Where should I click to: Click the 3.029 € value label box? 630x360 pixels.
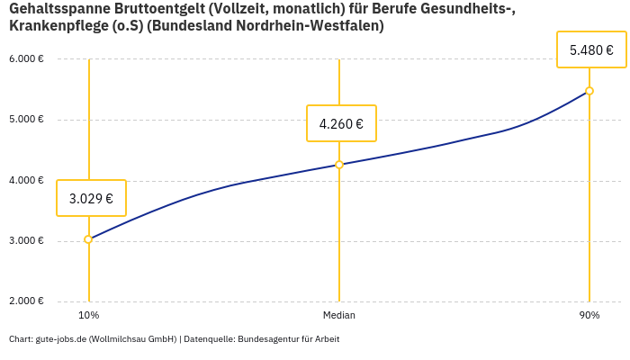click(x=91, y=198)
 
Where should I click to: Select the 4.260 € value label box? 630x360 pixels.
click(x=341, y=123)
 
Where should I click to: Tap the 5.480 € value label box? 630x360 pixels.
click(x=591, y=49)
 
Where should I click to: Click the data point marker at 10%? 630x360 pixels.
click(x=88, y=239)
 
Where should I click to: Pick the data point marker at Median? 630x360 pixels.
click(x=339, y=165)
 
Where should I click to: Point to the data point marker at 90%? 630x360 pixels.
click(x=589, y=91)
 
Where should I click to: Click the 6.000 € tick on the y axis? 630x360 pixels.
click(x=26, y=59)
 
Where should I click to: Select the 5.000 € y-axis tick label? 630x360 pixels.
click(x=26, y=120)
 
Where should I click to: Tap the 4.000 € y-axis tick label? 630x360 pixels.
click(x=26, y=180)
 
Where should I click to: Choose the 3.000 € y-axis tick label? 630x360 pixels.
click(x=26, y=241)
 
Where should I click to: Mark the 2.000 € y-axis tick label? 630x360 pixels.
click(x=26, y=301)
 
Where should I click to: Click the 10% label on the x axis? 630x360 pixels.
click(x=88, y=316)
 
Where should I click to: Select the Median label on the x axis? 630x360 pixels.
click(x=339, y=316)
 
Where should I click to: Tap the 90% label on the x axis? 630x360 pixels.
click(x=589, y=316)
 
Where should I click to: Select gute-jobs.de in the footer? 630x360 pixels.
click(x=60, y=339)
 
